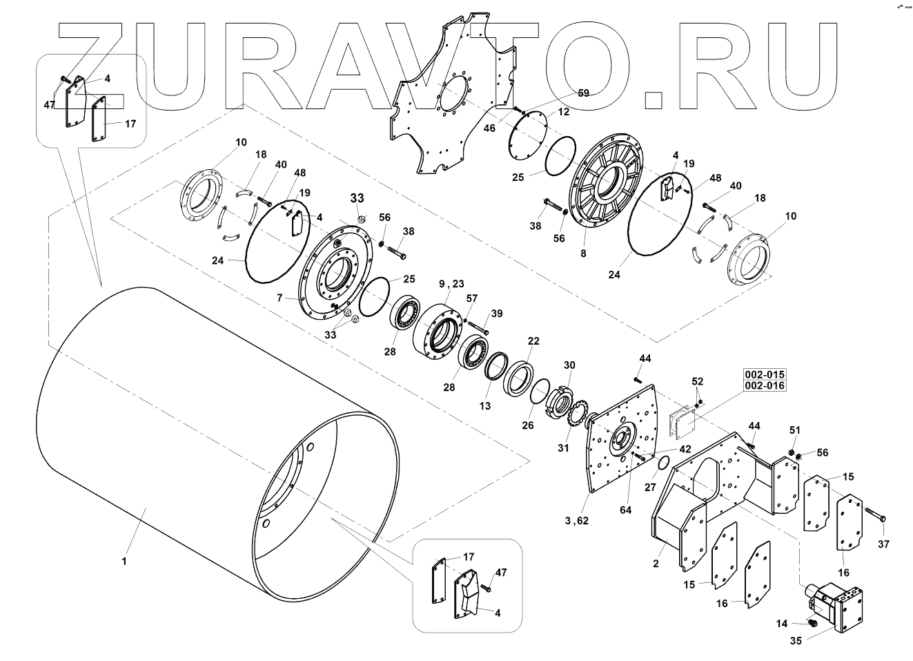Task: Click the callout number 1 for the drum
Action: point(124,561)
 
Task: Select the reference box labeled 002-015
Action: point(764,374)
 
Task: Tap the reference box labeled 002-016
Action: point(764,385)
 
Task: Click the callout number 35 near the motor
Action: point(796,640)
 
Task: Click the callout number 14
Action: point(781,623)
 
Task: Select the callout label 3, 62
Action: point(576,521)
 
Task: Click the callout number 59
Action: point(583,93)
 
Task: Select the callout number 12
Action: point(563,111)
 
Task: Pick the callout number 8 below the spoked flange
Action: point(583,253)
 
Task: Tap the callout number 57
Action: point(472,298)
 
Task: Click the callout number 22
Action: point(533,341)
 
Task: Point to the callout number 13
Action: point(485,406)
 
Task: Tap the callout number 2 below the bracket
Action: point(655,564)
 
